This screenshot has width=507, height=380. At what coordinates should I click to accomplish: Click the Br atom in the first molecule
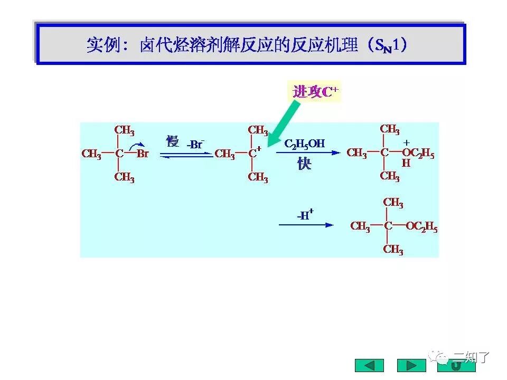pyautogui.click(x=143, y=154)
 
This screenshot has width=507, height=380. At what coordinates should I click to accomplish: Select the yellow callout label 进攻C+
pyautogui.click(x=315, y=92)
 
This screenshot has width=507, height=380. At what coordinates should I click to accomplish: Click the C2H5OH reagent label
pyautogui.click(x=305, y=144)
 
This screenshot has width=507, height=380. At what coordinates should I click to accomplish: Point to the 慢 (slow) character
pyautogui.click(x=172, y=141)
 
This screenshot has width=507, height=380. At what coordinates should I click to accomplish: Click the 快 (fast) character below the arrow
pyautogui.click(x=304, y=164)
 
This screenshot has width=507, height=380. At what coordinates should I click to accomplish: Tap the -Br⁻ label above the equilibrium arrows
pyautogui.click(x=195, y=144)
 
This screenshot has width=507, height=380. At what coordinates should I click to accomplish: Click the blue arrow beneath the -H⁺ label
pyautogui.click(x=306, y=225)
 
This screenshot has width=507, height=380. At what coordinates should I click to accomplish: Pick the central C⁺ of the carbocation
pyautogui.click(x=255, y=154)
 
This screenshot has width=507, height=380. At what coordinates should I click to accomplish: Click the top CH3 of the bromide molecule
pyautogui.click(x=124, y=130)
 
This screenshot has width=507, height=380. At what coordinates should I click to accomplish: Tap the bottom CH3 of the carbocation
pyautogui.click(x=258, y=177)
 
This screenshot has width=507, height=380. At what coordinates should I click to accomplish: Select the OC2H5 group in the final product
pyautogui.click(x=421, y=227)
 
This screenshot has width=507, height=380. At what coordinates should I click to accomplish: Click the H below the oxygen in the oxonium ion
pyautogui.click(x=406, y=164)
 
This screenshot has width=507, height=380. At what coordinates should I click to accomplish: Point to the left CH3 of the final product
pyautogui.click(x=360, y=227)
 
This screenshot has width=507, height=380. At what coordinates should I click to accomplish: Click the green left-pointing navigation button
pyautogui.click(x=369, y=365)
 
